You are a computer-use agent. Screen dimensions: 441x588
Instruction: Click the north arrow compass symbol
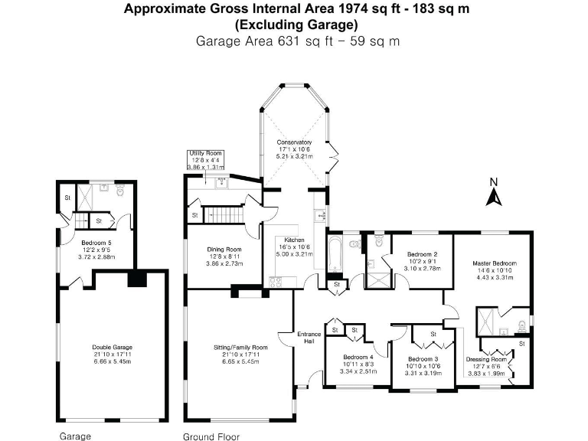click(494, 194)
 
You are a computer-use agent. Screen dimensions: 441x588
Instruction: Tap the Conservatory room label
click(294, 142)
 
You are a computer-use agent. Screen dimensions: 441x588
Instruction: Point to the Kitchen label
click(294, 239)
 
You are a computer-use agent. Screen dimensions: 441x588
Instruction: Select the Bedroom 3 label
click(423, 360)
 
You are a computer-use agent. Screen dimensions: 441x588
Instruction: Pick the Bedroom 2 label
click(422, 254)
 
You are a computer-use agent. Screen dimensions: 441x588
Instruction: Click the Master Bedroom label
click(492, 263)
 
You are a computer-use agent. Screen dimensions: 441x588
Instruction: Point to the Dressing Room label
click(486, 359)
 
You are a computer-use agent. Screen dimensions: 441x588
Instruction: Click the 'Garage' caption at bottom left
click(75, 436)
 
